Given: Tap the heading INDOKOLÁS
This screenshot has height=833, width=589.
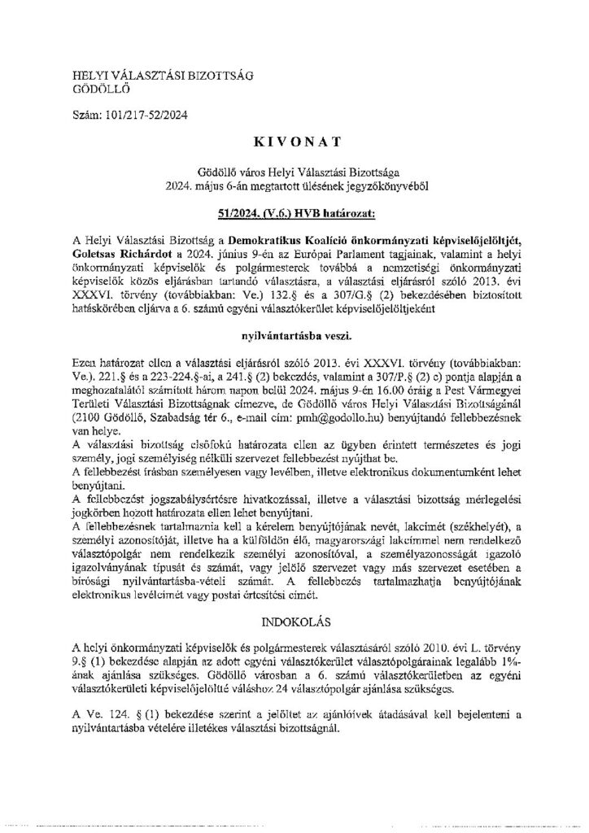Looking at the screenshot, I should [x=294, y=600].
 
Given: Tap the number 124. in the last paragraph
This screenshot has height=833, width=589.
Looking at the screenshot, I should [x=120, y=691].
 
